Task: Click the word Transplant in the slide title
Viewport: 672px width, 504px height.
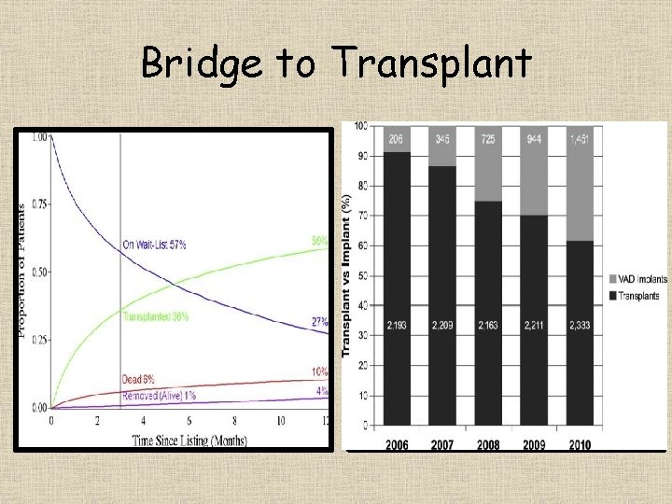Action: pos(431,64)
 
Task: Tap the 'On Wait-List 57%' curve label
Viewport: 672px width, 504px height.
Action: pos(154,245)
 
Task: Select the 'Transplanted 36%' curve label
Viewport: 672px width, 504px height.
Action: pos(156,316)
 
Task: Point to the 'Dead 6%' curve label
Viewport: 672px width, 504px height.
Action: pos(139,380)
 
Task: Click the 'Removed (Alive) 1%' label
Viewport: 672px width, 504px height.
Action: pos(160,396)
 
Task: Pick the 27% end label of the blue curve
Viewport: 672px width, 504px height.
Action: pos(319,322)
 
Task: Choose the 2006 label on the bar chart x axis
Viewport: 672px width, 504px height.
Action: pos(396,445)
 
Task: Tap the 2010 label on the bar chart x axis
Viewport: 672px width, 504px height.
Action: pos(580,445)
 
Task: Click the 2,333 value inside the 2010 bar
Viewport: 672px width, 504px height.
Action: pos(580,327)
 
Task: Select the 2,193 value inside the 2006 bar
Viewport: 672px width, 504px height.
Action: pos(396,327)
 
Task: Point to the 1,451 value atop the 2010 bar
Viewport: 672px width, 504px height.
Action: pos(580,138)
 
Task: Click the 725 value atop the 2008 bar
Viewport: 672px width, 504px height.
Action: pos(488,138)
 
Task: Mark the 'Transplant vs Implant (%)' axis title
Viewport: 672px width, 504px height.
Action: pos(346,274)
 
